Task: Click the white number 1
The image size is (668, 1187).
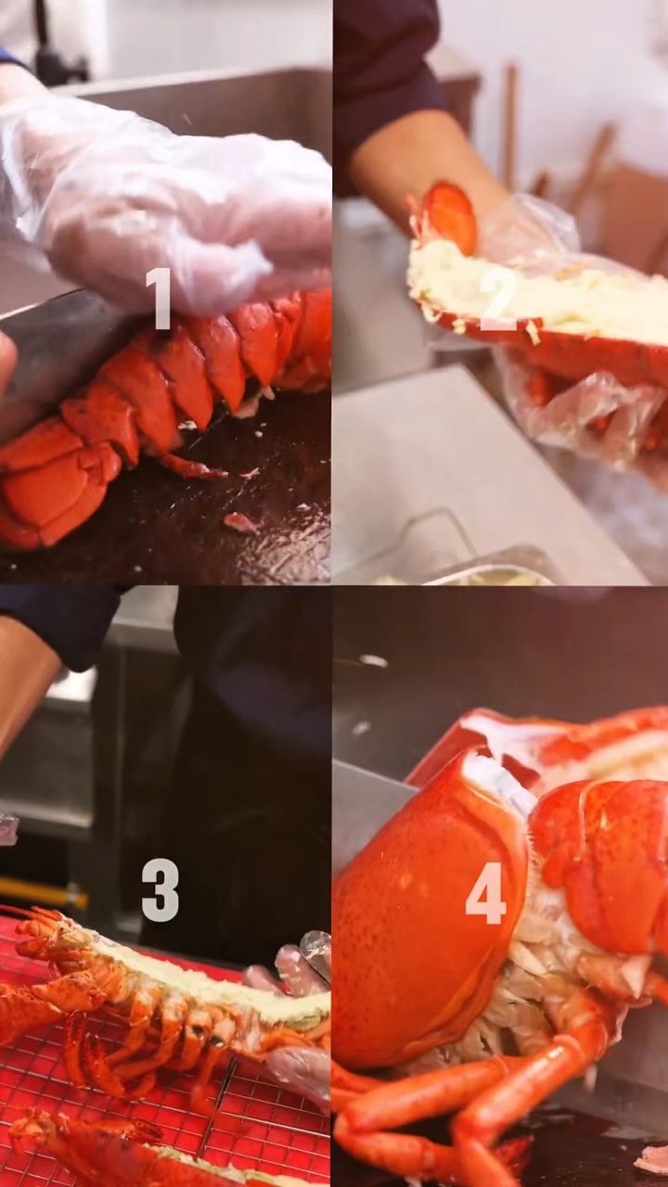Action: pos(159,299)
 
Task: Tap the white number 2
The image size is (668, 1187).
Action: pos(496,300)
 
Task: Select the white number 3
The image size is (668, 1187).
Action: pos(161,890)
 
